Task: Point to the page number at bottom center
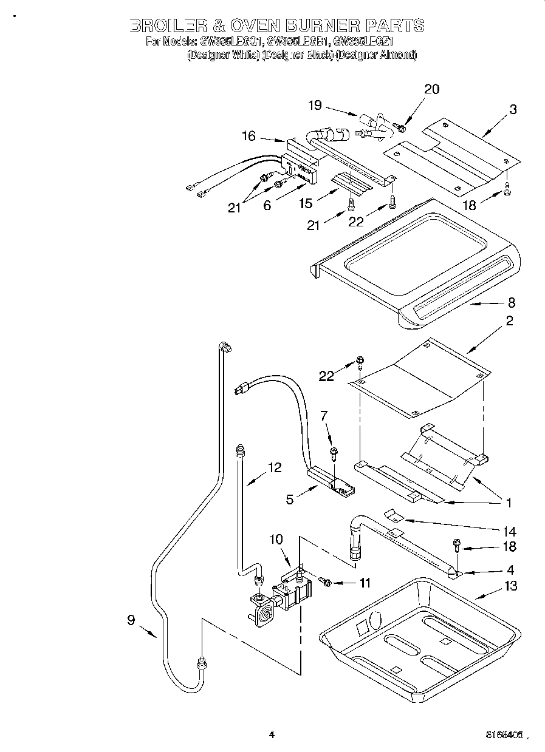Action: pyautogui.click(x=272, y=734)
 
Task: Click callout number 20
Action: pyautogui.click(x=431, y=89)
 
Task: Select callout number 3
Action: pyautogui.click(x=513, y=109)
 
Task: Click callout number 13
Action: pyautogui.click(x=510, y=586)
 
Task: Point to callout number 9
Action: pyautogui.click(x=131, y=620)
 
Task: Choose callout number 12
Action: pyautogui.click(x=274, y=467)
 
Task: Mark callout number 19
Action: pyautogui.click(x=314, y=106)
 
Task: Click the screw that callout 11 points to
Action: pyautogui.click(x=326, y=583)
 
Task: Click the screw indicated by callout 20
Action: pyautogui.click(x=400, y=126)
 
